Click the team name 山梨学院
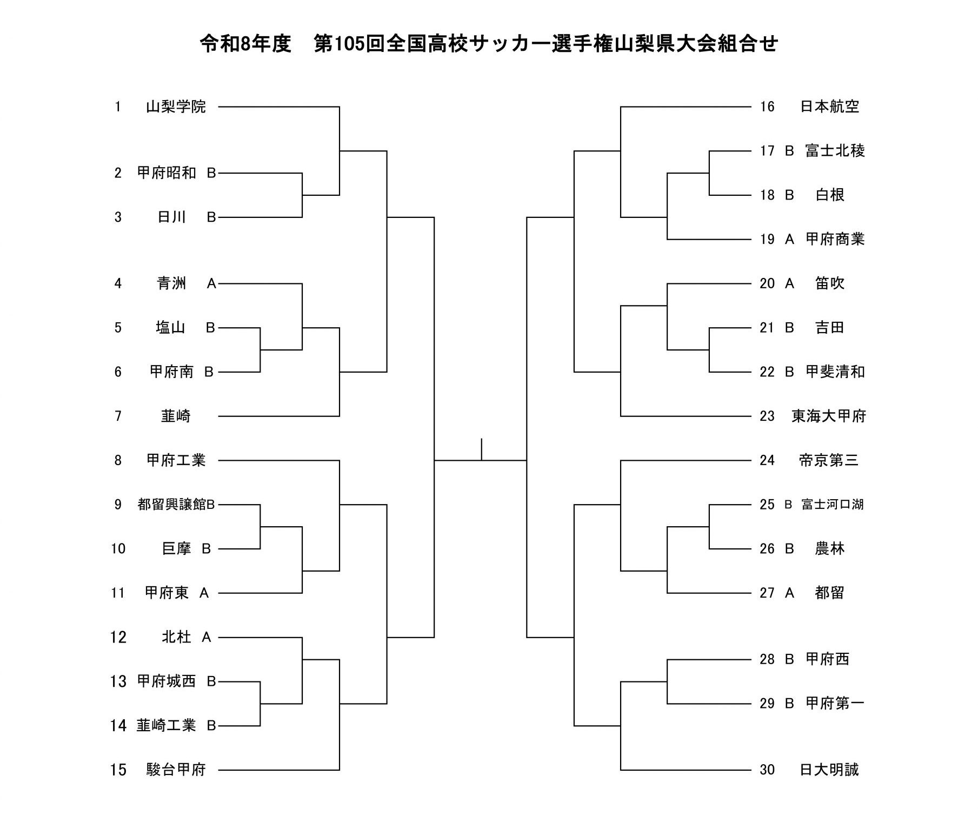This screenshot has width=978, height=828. point(176,107)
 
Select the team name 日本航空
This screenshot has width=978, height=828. point(829,107)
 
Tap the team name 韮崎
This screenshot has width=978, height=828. point(176,416)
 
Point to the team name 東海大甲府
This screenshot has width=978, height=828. point(829,416)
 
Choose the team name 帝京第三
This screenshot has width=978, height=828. point(829,460)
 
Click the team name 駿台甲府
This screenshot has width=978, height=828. point(176,770)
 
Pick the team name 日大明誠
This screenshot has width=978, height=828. point(829,770)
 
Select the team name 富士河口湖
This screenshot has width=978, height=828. point(833,505)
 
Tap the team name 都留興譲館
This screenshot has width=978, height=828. point(172,505)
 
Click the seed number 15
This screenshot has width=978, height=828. point(118,770)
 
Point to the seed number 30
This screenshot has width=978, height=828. point(767,770)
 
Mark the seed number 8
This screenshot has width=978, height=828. point(118,460)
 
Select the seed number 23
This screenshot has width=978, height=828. point(767,416)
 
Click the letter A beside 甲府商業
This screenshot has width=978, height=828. point(789,239)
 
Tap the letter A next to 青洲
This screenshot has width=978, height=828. point(211,283)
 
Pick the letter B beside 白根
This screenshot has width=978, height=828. point(789,195)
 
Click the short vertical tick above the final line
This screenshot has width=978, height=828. point(481,449)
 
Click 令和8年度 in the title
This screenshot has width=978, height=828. point(246,44)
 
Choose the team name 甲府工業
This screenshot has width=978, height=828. point(176,460)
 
